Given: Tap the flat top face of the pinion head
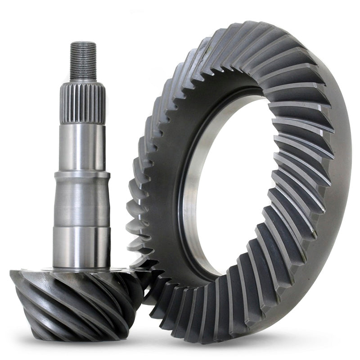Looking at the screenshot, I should tap(45, 273).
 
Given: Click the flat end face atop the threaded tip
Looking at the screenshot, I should tap(83, 44).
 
